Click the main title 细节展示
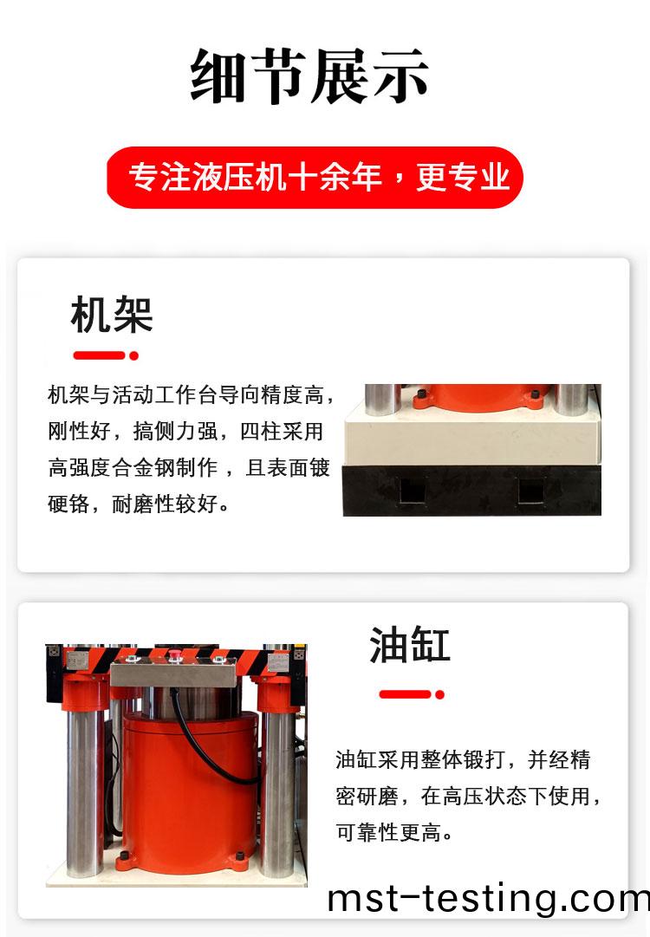pos(309,76)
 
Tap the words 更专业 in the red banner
pos(463,177)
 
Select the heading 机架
pos(112,315)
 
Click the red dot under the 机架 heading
pos(133,355)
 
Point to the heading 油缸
pos(410,645)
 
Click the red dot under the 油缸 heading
pos(439,694)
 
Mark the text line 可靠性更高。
pos(394,832)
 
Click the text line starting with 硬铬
pos(138,504)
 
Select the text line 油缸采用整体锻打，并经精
pos(463,759)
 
